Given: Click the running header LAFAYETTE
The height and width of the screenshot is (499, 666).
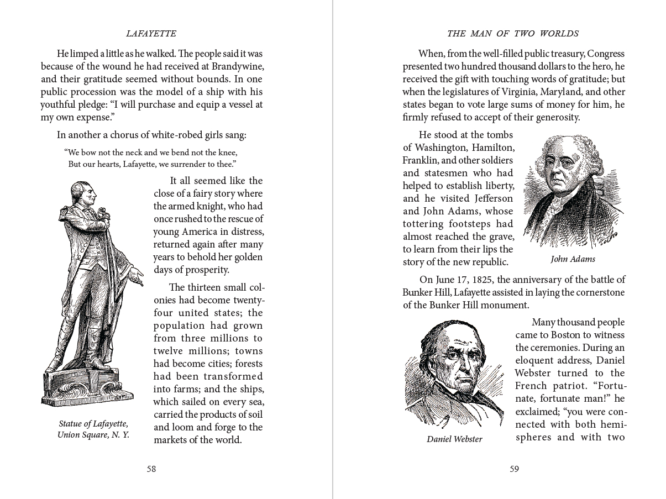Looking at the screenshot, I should pos(151,34).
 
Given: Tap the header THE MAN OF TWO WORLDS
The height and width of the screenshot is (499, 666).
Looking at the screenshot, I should pos(512,34).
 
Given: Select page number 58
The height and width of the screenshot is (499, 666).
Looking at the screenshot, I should pos(151,469).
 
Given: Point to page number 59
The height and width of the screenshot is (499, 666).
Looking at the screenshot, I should pos(514,469).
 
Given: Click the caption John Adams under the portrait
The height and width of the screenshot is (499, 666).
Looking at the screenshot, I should pos(573,259).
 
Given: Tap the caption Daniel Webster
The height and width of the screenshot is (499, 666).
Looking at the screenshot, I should pos(454,439).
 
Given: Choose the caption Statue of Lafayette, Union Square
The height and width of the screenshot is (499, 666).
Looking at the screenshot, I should pos(93,429).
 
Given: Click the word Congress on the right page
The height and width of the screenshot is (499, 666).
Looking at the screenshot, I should pos(605,54).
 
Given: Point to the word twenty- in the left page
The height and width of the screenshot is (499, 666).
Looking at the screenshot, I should pos(247,300).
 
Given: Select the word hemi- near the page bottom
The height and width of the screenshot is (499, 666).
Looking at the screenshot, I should pos(610,424).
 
